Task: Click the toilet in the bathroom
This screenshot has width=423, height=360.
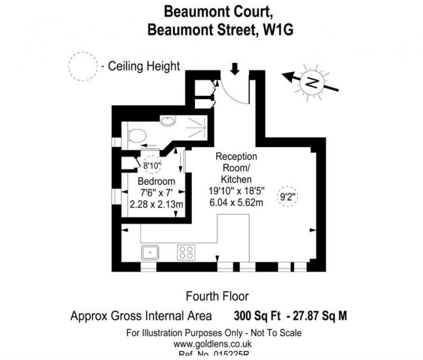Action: coord(137,135)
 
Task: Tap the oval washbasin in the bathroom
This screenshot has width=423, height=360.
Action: coord(168,121)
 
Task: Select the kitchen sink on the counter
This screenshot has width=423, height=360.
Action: coord(150,252)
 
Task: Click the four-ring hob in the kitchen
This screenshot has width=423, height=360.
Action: coord(186,252)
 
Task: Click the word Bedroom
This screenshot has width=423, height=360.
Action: coord(156,182)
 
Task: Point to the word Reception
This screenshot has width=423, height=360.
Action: coord(236,157)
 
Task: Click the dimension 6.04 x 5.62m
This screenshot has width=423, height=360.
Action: coord(236,202)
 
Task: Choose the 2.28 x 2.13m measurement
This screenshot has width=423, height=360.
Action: coord(156,204)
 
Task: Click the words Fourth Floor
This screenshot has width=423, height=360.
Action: coord(217,296)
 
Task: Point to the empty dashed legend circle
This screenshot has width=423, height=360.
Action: coord(83,66)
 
